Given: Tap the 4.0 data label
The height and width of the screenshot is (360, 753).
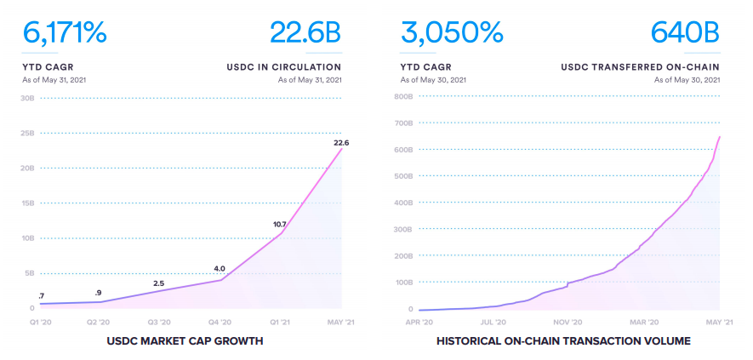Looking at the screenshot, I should pyautogui.click(x=220, y=269).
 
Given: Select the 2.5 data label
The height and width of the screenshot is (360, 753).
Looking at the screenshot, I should pyautogui.click(x=158, y=283).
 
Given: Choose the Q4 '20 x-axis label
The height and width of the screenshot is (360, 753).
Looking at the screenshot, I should pyautogui.click(x=220, y=323).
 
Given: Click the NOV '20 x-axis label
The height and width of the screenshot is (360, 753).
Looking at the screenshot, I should pyautogui.click(x=568, y=323).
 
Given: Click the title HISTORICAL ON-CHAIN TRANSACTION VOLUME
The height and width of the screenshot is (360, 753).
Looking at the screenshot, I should pyautogui.click(x=562, y=341).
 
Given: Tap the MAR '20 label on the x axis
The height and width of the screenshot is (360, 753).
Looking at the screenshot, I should pyautogui.click(x=642, y=323).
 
